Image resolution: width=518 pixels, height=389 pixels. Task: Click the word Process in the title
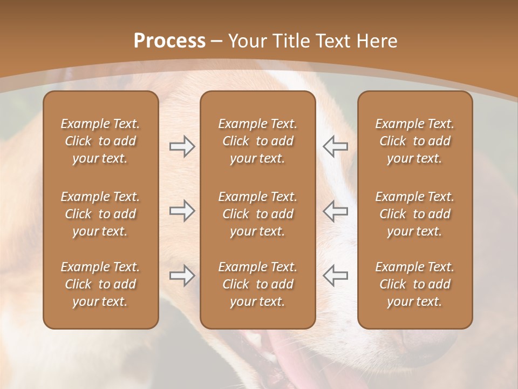point(169,41)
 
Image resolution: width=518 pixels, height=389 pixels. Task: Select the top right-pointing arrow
point(182,146)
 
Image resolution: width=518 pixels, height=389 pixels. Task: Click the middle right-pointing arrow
point(182,211)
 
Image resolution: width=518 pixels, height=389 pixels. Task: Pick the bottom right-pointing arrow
point(182,276)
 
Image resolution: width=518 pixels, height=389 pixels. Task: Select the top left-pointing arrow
point(335,146)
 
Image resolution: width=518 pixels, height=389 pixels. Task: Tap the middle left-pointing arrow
point(335,211)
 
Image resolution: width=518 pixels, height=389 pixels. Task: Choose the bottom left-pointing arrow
point(335,276)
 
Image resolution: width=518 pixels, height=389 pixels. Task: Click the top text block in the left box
point(100,141)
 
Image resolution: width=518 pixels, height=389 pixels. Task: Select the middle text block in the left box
point(100,214)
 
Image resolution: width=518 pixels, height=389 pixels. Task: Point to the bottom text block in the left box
point(100,284)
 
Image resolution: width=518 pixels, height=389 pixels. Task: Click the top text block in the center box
point(257,141)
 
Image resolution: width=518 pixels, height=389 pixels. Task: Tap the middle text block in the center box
point(257,214)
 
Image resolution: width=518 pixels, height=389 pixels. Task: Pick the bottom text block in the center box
point(257,284)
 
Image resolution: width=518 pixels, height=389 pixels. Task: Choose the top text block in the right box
point(414,141)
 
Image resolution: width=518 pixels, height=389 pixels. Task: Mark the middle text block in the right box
point(414,214)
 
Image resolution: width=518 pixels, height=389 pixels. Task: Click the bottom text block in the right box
point(414,284)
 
